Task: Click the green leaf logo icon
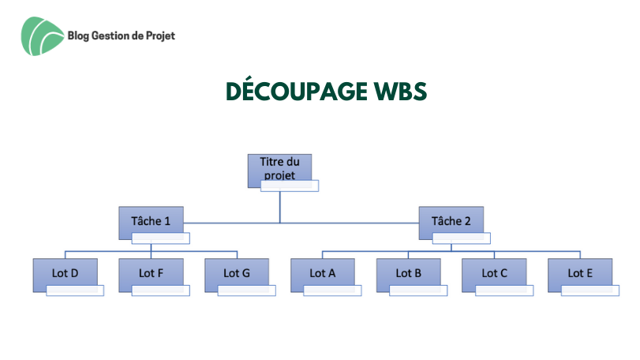click(x=42, y=36)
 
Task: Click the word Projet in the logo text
click(x=160, y=36)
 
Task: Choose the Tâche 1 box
click(x=151, y=223)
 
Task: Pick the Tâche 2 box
click(x=451, y=223)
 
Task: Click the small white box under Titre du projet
click(x=290, y=186)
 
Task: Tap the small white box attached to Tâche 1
click(x=161, y=238)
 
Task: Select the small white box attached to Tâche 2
click(x=461, y=238)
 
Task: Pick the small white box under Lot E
click(x=590, y=291)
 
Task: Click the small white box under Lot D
click(x=75, y=291)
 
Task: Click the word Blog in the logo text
click(x=78, y=36)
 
